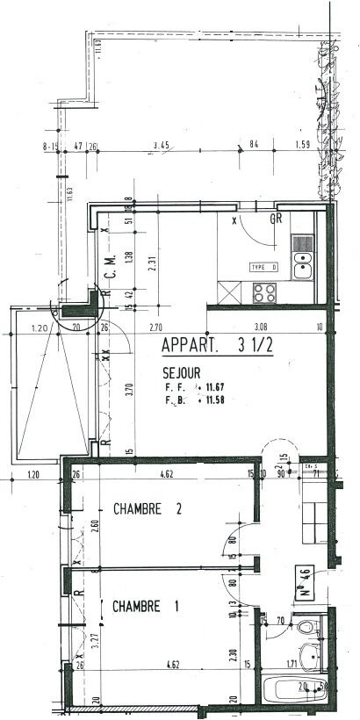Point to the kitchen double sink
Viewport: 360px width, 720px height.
click(x=303, y=261)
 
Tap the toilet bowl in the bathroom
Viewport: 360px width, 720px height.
click(x=305, y=627)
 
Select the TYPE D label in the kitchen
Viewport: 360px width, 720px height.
click(x=263, y=266)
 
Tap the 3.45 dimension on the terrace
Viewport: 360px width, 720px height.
click(x=161, y=144)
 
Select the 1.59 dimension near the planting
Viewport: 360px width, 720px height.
click(x=303, y=144)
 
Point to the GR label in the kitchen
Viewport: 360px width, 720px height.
click(x=275, y=219)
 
